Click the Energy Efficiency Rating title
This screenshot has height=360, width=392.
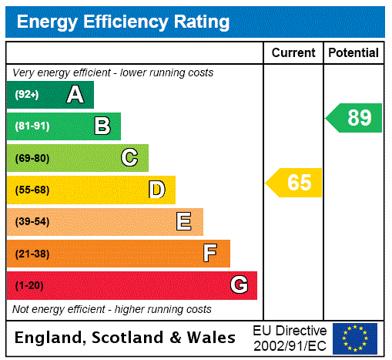pos(123,22)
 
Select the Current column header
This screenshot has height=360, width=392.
pos(293,53)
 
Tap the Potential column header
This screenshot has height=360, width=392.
pos(353,53)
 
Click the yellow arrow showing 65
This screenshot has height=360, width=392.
pos(295,183)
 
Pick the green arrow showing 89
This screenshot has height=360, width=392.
pos(355,118)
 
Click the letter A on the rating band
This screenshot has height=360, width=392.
pos(75,95)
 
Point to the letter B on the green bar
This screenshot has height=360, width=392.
pos(102,126)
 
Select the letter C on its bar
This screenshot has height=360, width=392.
pos(129,158)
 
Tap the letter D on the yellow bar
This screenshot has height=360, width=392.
pos(156,190)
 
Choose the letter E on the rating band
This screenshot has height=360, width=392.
pos(184,222)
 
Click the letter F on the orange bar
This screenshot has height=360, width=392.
pos(210,254)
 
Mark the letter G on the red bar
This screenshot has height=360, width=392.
pos(239,285)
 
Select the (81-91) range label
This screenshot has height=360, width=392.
pos(32,126)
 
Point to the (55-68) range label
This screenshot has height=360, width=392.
pos(32,190)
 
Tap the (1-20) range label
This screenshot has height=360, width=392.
pos(29,285)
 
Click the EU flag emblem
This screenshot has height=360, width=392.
pos(355,338)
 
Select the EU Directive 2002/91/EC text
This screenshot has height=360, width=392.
pos(290,338)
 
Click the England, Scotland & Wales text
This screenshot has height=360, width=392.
pos(126,338)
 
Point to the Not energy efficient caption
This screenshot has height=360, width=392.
pos(112,309)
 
